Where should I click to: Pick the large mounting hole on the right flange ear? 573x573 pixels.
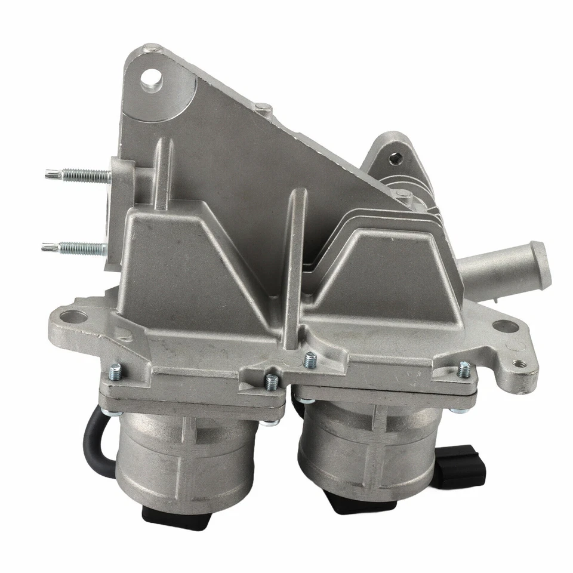(x=504, y=326)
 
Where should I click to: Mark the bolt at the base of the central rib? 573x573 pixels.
(x=309, y=360)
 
